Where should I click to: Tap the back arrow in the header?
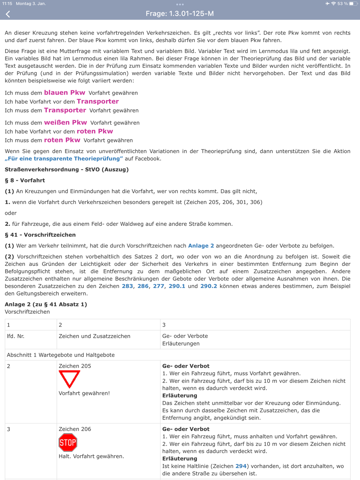(8, 14)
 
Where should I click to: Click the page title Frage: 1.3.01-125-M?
(180, 14)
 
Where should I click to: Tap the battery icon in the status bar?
(353, 4)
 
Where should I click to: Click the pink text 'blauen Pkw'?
(64, 92)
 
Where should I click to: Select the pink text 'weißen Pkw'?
(66, 122)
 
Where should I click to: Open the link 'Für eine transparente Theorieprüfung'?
(64, 159)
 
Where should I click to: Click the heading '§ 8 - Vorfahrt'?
(25, 180)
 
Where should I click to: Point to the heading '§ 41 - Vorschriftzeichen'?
(40, 235)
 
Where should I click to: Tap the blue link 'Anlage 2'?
(201, 246)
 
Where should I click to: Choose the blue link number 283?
(127, 286)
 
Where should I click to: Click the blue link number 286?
(143, 286)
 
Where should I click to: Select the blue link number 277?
(158, 286)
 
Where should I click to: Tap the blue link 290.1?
(177, 286)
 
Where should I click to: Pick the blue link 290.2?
(208, 286)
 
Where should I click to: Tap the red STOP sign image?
(68, 443)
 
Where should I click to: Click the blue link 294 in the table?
(241, 466)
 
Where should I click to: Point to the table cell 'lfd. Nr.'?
(15, 336)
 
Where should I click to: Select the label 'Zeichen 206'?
(75, 429)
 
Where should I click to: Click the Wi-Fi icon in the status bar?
(333, 4)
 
